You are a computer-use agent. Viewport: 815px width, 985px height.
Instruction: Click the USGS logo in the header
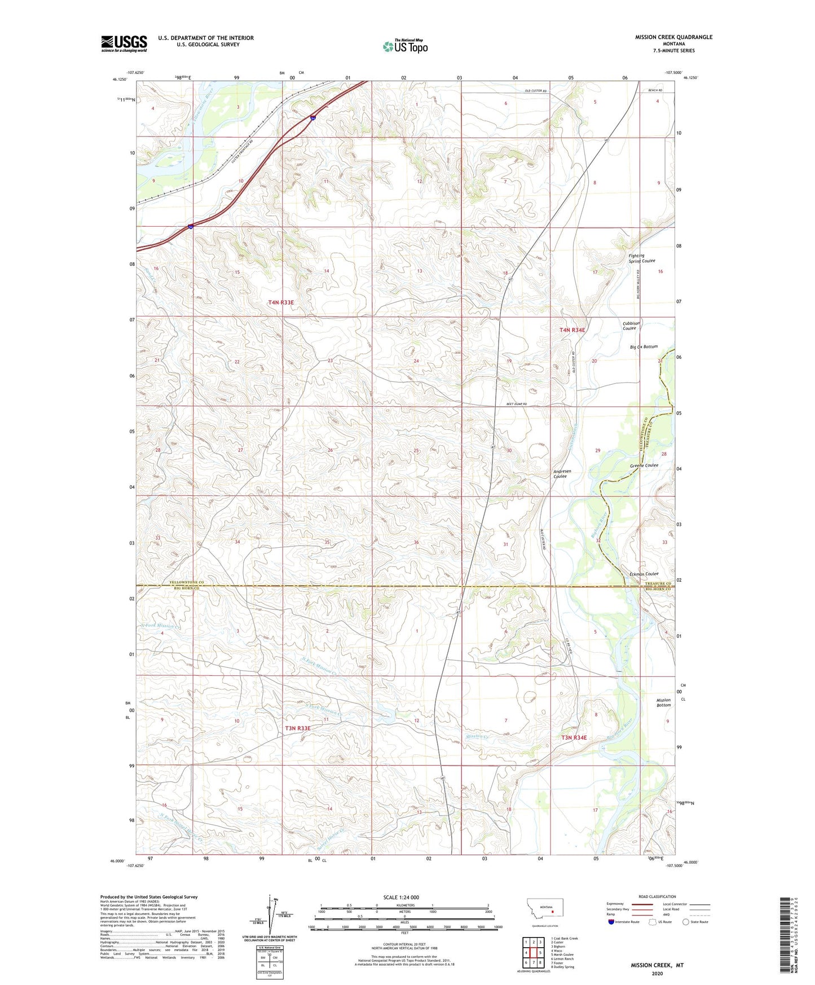click(x=124, y=43)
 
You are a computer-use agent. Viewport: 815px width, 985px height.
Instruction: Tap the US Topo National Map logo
click(x=405, y=46)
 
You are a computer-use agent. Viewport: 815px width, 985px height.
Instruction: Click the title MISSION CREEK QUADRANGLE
click(x=673, y=37)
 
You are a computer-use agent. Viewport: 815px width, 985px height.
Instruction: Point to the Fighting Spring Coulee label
click(x=641, y=258)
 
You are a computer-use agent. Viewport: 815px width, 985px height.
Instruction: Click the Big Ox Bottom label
click(x=644, y=346)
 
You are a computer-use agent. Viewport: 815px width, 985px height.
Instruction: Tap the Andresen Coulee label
click(x=562, y=473)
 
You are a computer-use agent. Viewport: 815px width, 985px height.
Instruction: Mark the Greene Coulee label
click(x=644, y=465)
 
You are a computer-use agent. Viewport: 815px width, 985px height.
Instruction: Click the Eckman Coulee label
click(x=644, y=574)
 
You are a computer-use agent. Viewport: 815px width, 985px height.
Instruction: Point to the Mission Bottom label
click(x=663, y=702)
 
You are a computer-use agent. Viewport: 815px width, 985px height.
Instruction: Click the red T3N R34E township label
click(x=574, y=737)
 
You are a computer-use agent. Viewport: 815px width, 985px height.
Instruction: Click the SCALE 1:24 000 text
click(x=401, y=897)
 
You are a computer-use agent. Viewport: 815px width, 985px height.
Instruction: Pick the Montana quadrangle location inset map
click(x=544, y=911)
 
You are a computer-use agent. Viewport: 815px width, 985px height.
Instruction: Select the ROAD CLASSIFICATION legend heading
click(x=657, y=896)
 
